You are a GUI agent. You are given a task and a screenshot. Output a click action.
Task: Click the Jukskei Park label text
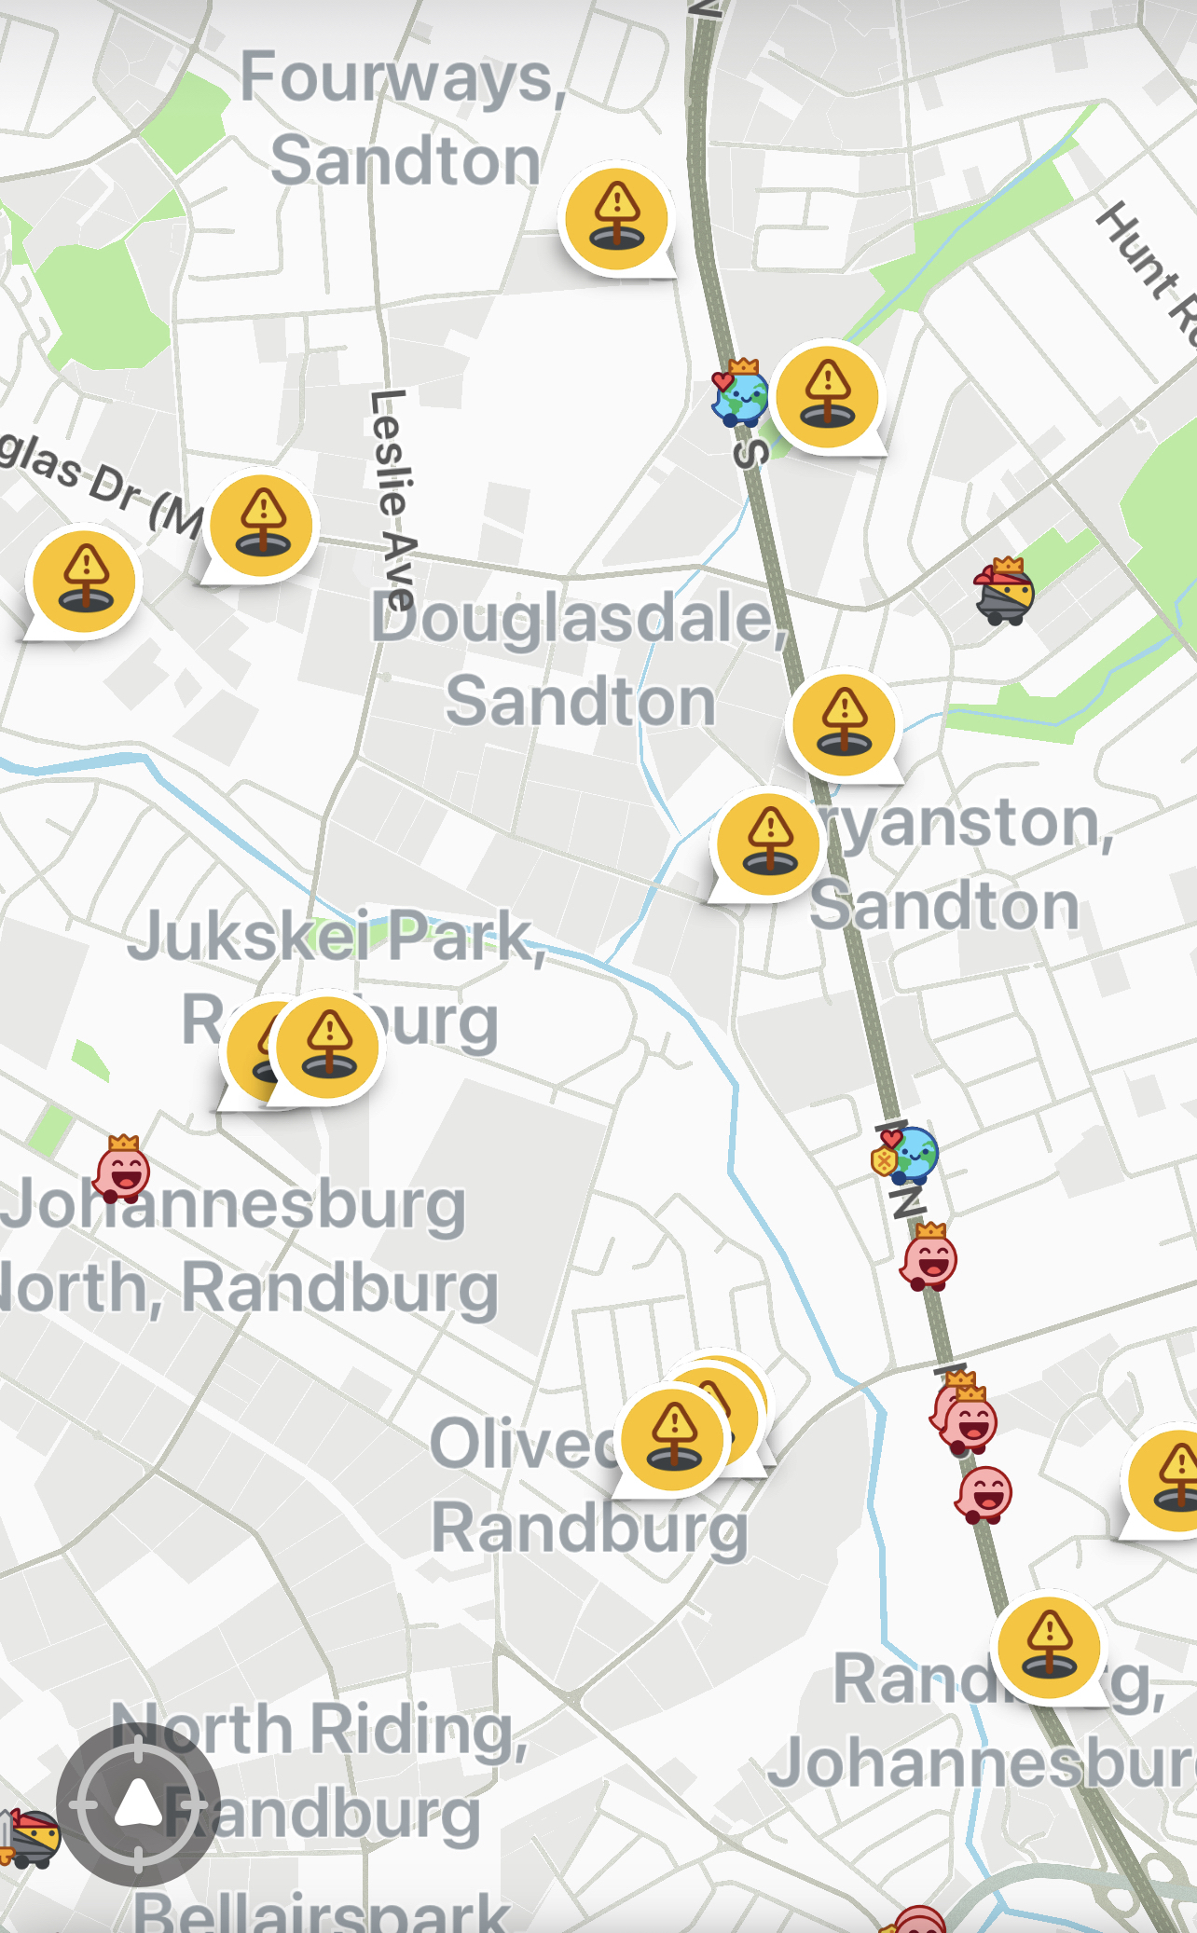pyautogui.click(x=336, y=937)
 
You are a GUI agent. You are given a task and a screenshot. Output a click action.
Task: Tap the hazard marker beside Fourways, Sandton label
pyautogui.click(x=616, y=217)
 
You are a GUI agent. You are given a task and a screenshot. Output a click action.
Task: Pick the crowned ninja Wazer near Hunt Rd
pyautogui.click(x=1004, y=592)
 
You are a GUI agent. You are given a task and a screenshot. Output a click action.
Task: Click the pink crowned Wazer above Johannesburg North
pyautogui.click(x=123, y=1170)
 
